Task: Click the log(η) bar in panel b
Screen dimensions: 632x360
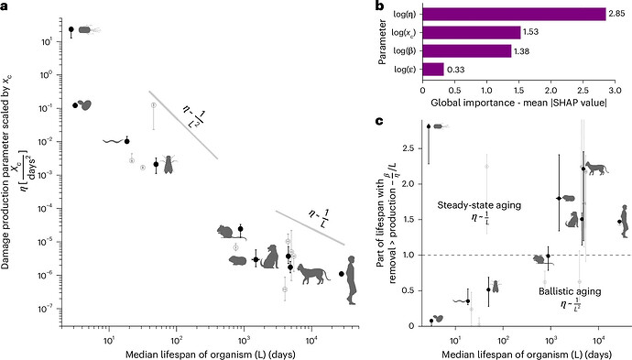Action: pos(514,14)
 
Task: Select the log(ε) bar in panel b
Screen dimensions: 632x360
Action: pos(433,70)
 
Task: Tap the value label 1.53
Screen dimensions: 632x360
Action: pos(530,32)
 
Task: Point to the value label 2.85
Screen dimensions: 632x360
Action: pos(616,14)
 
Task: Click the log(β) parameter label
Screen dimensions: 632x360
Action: pos(404,50)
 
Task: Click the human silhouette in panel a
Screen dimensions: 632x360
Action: pos(352,279)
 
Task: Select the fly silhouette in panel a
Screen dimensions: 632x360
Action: pos(169,165)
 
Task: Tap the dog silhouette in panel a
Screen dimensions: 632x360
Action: pos(270,256)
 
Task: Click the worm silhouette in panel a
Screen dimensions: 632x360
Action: pos(114,141)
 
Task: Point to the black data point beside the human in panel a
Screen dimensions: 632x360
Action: pos(342,274)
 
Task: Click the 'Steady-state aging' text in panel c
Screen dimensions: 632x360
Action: pos(479,205)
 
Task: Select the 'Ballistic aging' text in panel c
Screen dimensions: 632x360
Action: pos(570,291)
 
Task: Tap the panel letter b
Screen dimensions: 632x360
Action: pos(379,5)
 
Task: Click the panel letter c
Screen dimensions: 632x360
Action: pos(379,121)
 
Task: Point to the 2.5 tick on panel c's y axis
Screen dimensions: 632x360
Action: pos(410,148)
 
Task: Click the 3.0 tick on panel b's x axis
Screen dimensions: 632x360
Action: pos(616,91)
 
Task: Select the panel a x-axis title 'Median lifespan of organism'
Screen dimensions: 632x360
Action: pos(191,355)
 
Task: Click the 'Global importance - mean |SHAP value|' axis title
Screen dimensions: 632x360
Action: pos(518,103)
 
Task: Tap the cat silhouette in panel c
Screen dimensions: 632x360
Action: pos(597,169)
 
